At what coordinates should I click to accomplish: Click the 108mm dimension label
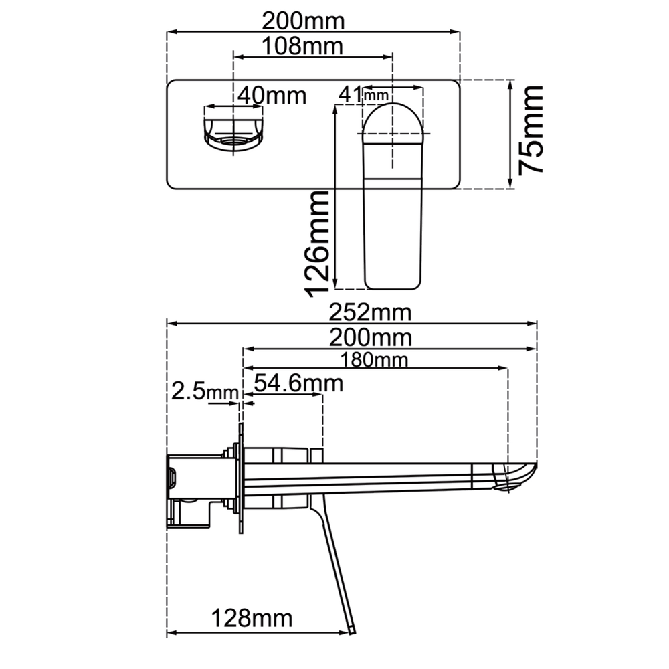click(x=302, y=46)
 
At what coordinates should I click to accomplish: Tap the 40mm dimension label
click(x=272, y=95)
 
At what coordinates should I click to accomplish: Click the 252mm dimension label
click(x=371, y=312)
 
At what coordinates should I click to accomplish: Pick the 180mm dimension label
click(x=374, y=360)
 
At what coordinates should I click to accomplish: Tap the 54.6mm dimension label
click(x=298, y=383)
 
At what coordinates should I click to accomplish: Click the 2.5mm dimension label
click(x=204, y=391)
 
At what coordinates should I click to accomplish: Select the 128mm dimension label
click(x=252, y=618)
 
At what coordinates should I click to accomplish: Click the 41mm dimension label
click(x=363, y=94)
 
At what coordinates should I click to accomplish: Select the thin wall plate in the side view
click(x=241, y=478)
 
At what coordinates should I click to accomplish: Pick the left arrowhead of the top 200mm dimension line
click(x=171, y=31)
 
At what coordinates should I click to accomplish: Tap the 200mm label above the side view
click(x=371, y=338)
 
